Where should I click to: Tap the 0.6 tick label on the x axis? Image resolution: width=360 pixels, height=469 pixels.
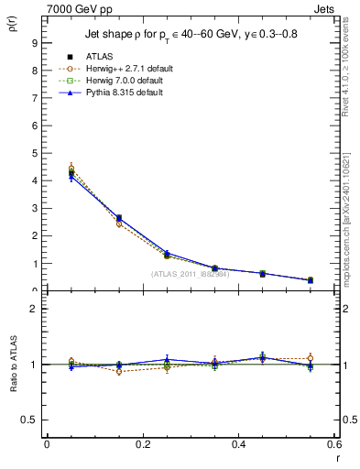click(333, 444)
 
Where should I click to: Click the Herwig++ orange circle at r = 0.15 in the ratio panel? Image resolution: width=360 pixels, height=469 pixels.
click(118, 371)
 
